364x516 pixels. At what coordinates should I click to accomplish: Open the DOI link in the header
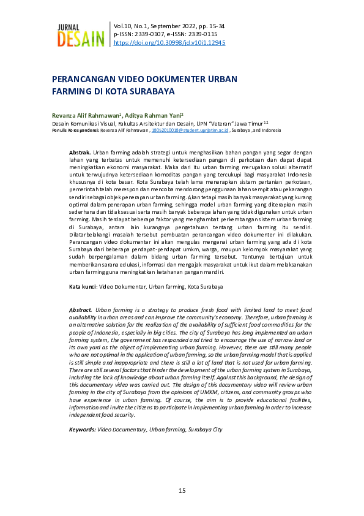coord(169,43)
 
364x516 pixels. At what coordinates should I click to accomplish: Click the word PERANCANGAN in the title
coord(85,80)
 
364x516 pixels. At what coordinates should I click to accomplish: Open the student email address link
coord(190,131)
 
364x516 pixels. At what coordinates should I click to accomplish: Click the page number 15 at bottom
coord(182,491)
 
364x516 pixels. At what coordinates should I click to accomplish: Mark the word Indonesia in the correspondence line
coord(269,131)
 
